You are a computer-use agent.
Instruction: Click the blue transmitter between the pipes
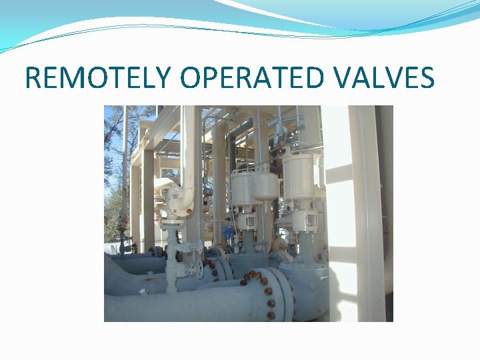pos(229,233)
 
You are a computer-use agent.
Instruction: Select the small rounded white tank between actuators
pos(266,186)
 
